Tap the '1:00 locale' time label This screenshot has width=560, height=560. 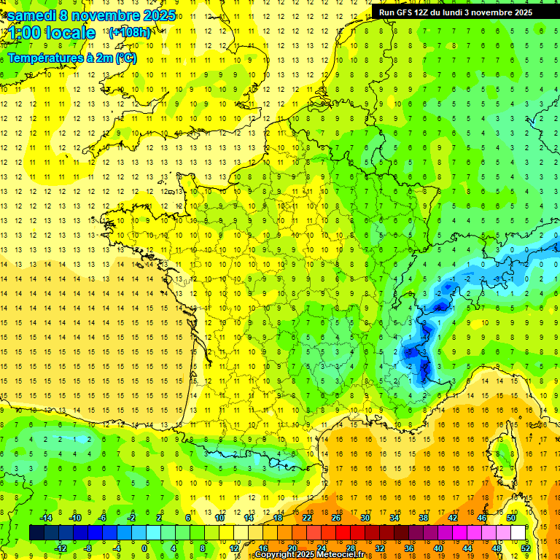point(52,33)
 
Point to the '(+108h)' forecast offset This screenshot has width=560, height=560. point(130,33)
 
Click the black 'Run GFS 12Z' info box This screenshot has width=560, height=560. point(464,12)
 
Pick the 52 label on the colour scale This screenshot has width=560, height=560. point(526,548)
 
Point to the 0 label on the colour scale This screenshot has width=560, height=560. point(144,548)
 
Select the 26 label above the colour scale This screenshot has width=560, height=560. point(336,517)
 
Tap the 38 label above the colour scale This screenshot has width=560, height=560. point(424,517)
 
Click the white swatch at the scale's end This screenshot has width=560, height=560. point(518,532)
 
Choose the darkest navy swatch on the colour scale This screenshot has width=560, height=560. point(36,532)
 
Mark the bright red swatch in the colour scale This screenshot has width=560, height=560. point(343,532)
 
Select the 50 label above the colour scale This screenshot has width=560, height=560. point(511,517)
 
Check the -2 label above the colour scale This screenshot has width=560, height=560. point(132,517)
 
